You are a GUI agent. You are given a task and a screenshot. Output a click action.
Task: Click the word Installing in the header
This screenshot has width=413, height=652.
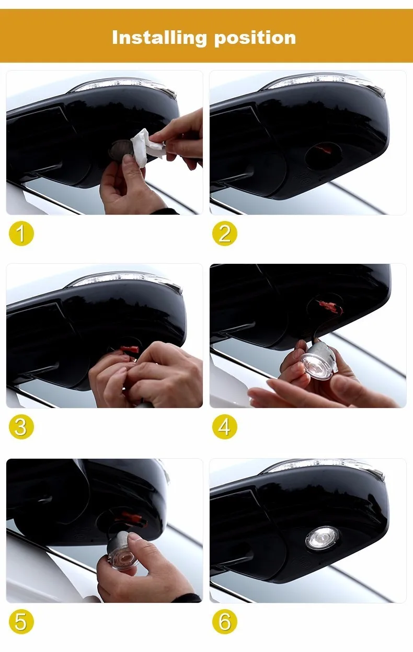click(x=159, y=38)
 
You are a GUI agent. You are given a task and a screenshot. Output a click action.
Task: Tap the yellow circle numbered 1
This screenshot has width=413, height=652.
click(x=21, y=233)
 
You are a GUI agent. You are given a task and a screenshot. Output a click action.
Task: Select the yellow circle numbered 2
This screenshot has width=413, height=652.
click(x=225, y=233)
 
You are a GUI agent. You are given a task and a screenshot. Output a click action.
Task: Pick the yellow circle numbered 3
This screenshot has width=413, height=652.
click(x=21, y=427)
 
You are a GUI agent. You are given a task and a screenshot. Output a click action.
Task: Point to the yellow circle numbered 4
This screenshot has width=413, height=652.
click(x=225, y=427)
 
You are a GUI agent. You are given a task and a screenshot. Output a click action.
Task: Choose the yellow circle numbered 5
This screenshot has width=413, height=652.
click(x=21, y=622)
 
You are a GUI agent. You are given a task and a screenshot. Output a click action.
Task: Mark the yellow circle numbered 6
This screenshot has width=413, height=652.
click(x=225, y=622)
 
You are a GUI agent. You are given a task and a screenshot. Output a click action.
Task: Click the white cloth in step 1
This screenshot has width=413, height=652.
click(x=147, y=147)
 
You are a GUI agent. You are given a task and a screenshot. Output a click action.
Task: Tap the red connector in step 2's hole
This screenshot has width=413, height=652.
click(x=325, y=150)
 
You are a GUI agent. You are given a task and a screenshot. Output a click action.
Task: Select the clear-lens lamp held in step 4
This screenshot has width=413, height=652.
click(x=317, y=360)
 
